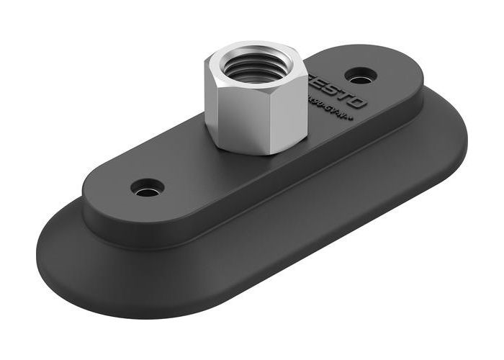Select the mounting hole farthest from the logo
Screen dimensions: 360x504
tap(147, 188)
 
